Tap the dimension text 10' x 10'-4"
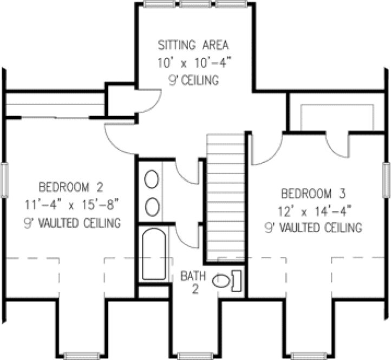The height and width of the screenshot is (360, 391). click(194, 62)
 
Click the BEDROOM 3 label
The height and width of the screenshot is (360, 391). click(313, 193)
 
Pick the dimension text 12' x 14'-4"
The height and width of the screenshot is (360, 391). click(313, 210)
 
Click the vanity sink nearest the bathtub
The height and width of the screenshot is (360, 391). click(152, 206)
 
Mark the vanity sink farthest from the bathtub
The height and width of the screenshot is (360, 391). click(152, 178)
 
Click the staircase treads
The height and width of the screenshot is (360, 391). click(226, 195)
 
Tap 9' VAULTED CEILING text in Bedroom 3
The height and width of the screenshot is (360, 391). click(313, 228)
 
